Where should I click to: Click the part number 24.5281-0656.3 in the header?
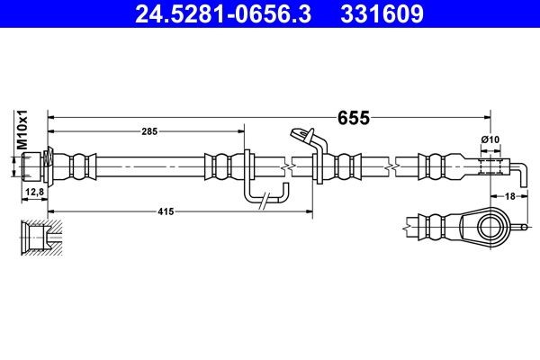coord(209,14)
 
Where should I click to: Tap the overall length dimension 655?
coord(354,117)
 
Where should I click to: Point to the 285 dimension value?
coord(149,131)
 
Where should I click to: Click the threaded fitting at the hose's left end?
coord(35,166)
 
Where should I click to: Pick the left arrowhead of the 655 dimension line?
coord(52,116)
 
